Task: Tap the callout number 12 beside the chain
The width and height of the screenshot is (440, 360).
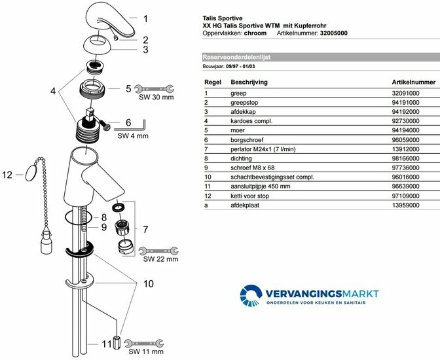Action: pyautogui.click(x=8, y=175)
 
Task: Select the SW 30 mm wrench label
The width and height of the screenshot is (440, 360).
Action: pyautogui.click(x=155, y=97)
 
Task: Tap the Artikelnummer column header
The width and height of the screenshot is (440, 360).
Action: pyautogui.click(x=413, y=82)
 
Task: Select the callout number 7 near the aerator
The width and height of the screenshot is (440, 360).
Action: pyautogui.click(x=146, y=230)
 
